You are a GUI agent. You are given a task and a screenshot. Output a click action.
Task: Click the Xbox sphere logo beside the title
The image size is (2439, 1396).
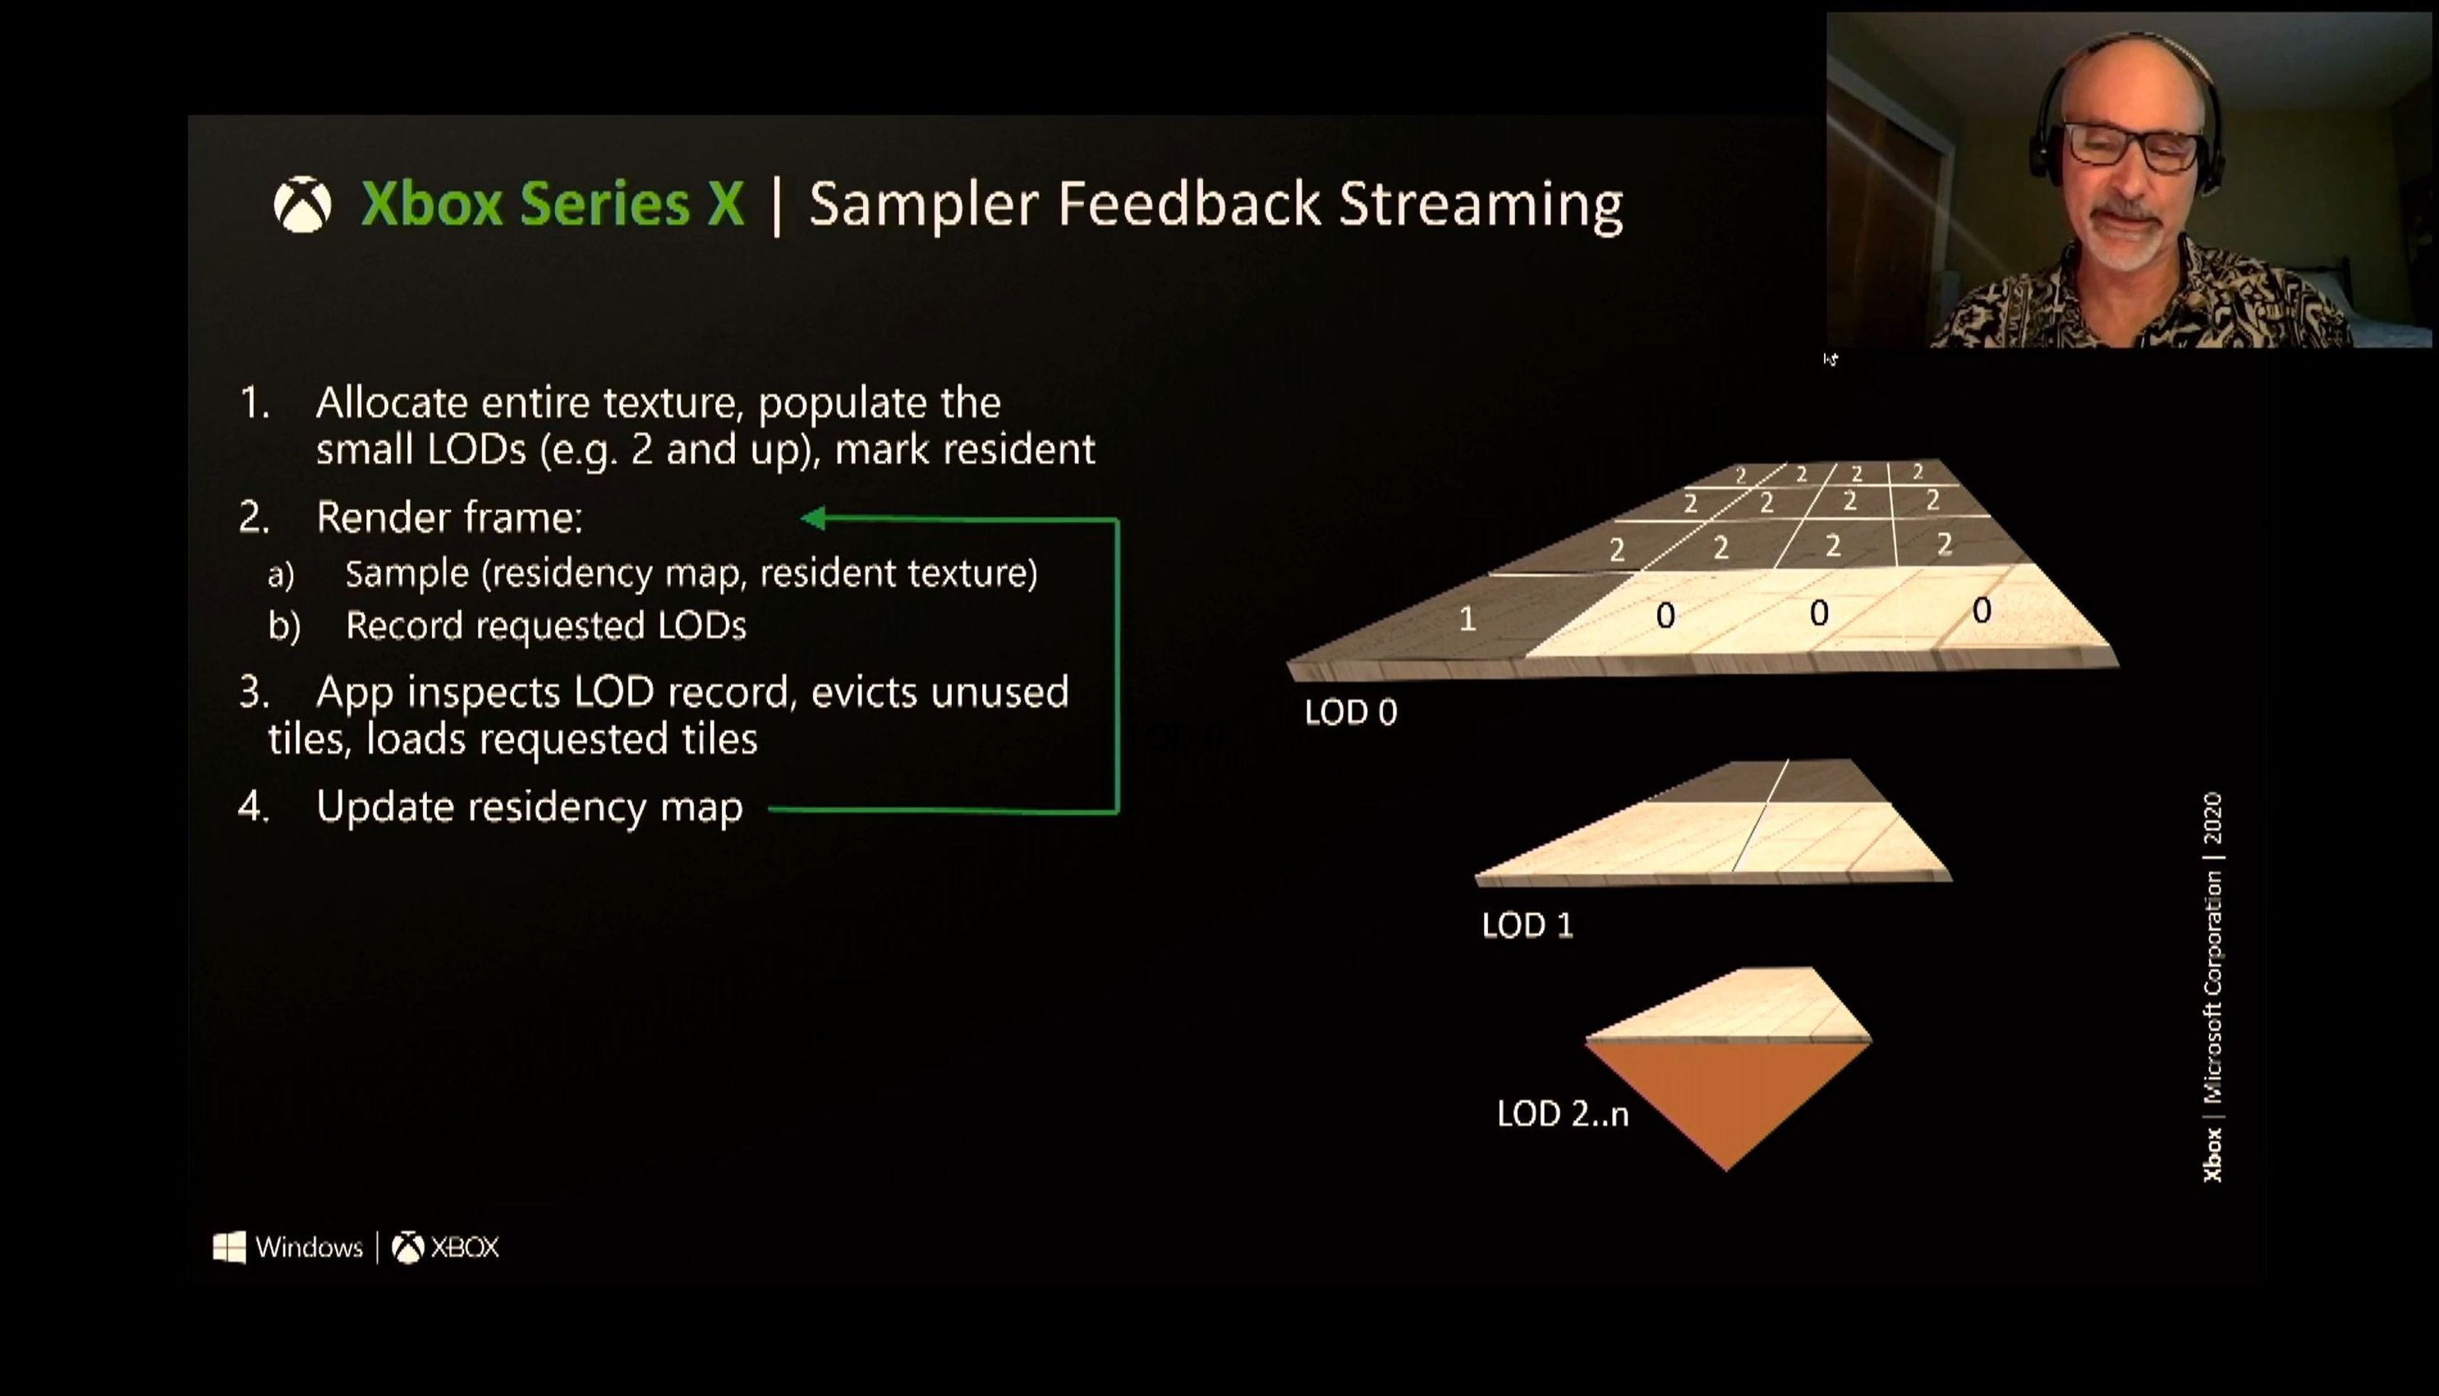[303, 204]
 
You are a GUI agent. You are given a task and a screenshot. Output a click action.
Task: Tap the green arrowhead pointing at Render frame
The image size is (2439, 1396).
[813, 519]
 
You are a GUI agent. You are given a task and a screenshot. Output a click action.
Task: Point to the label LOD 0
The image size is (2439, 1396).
[1351, 713]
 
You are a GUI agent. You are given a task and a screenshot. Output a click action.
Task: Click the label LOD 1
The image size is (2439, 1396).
[1527, 925]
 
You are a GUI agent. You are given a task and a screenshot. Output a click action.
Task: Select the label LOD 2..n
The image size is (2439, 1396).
[1563, 1114]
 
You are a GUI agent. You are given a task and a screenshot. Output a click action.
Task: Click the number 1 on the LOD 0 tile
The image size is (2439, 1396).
[1467, 619]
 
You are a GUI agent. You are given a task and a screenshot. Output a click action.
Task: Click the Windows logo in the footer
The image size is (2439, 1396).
[229, 1247]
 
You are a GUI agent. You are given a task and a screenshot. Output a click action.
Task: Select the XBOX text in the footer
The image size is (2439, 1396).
[465, 1247]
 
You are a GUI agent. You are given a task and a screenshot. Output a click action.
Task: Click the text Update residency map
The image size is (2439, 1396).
[529, 808]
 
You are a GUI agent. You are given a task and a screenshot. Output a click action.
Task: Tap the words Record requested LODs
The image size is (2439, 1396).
[545, 626]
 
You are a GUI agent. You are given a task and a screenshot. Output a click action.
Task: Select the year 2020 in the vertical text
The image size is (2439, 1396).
[2212, 818]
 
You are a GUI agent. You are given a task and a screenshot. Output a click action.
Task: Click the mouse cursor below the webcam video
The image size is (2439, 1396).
[1830, 359]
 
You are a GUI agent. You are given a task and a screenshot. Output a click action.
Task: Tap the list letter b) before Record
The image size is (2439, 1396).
[284, 626]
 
